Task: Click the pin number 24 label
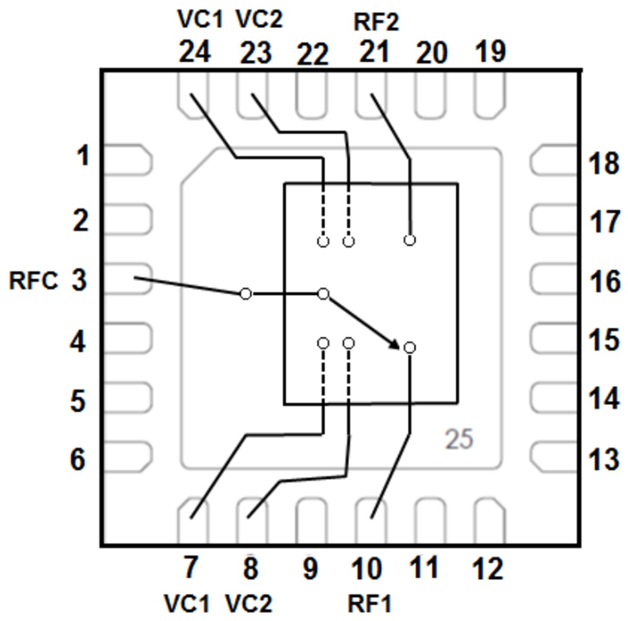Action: tap(195, 53)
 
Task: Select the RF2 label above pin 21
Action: tap(376, 23)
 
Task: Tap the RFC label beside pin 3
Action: tap(33, 282)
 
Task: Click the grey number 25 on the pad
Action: tap(459, 440)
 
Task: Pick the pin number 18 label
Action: tap(603, 164)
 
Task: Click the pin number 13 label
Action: tap(603, 459)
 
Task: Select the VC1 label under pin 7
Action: tap(187, 603)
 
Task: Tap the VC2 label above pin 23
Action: tap(259, 20)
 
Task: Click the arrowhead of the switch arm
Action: tap(395, 343)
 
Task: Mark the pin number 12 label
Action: tap(488, 569)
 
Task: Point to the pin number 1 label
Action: tap(83, 155)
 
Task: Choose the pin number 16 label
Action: tap(603, 282)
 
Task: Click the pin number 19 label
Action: tap(490, 52)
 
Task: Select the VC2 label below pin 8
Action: tap(249, 603)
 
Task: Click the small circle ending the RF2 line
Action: tap(409, 240)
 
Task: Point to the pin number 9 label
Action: tap(310, 570)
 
